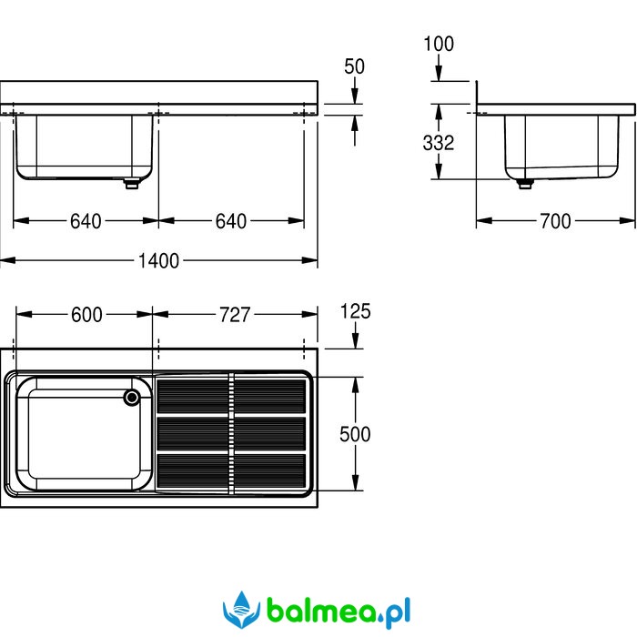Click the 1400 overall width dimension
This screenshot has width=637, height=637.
(x=158, y=261)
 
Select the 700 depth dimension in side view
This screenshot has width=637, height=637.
(x=555, y=221)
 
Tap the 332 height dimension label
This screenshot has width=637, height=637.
(x=438, y=143)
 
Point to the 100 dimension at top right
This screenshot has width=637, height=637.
(x=439, y=44)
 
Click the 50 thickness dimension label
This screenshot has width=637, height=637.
(x=354, y=66)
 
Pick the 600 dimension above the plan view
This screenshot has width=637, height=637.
(x=86, y=315)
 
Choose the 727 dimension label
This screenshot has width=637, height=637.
(x=235, y=315)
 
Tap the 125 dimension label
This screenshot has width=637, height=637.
(x=355, y=311)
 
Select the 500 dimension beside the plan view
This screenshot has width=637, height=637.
(x=355, y=434)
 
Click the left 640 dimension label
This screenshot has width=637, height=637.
(x=86, y=221)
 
